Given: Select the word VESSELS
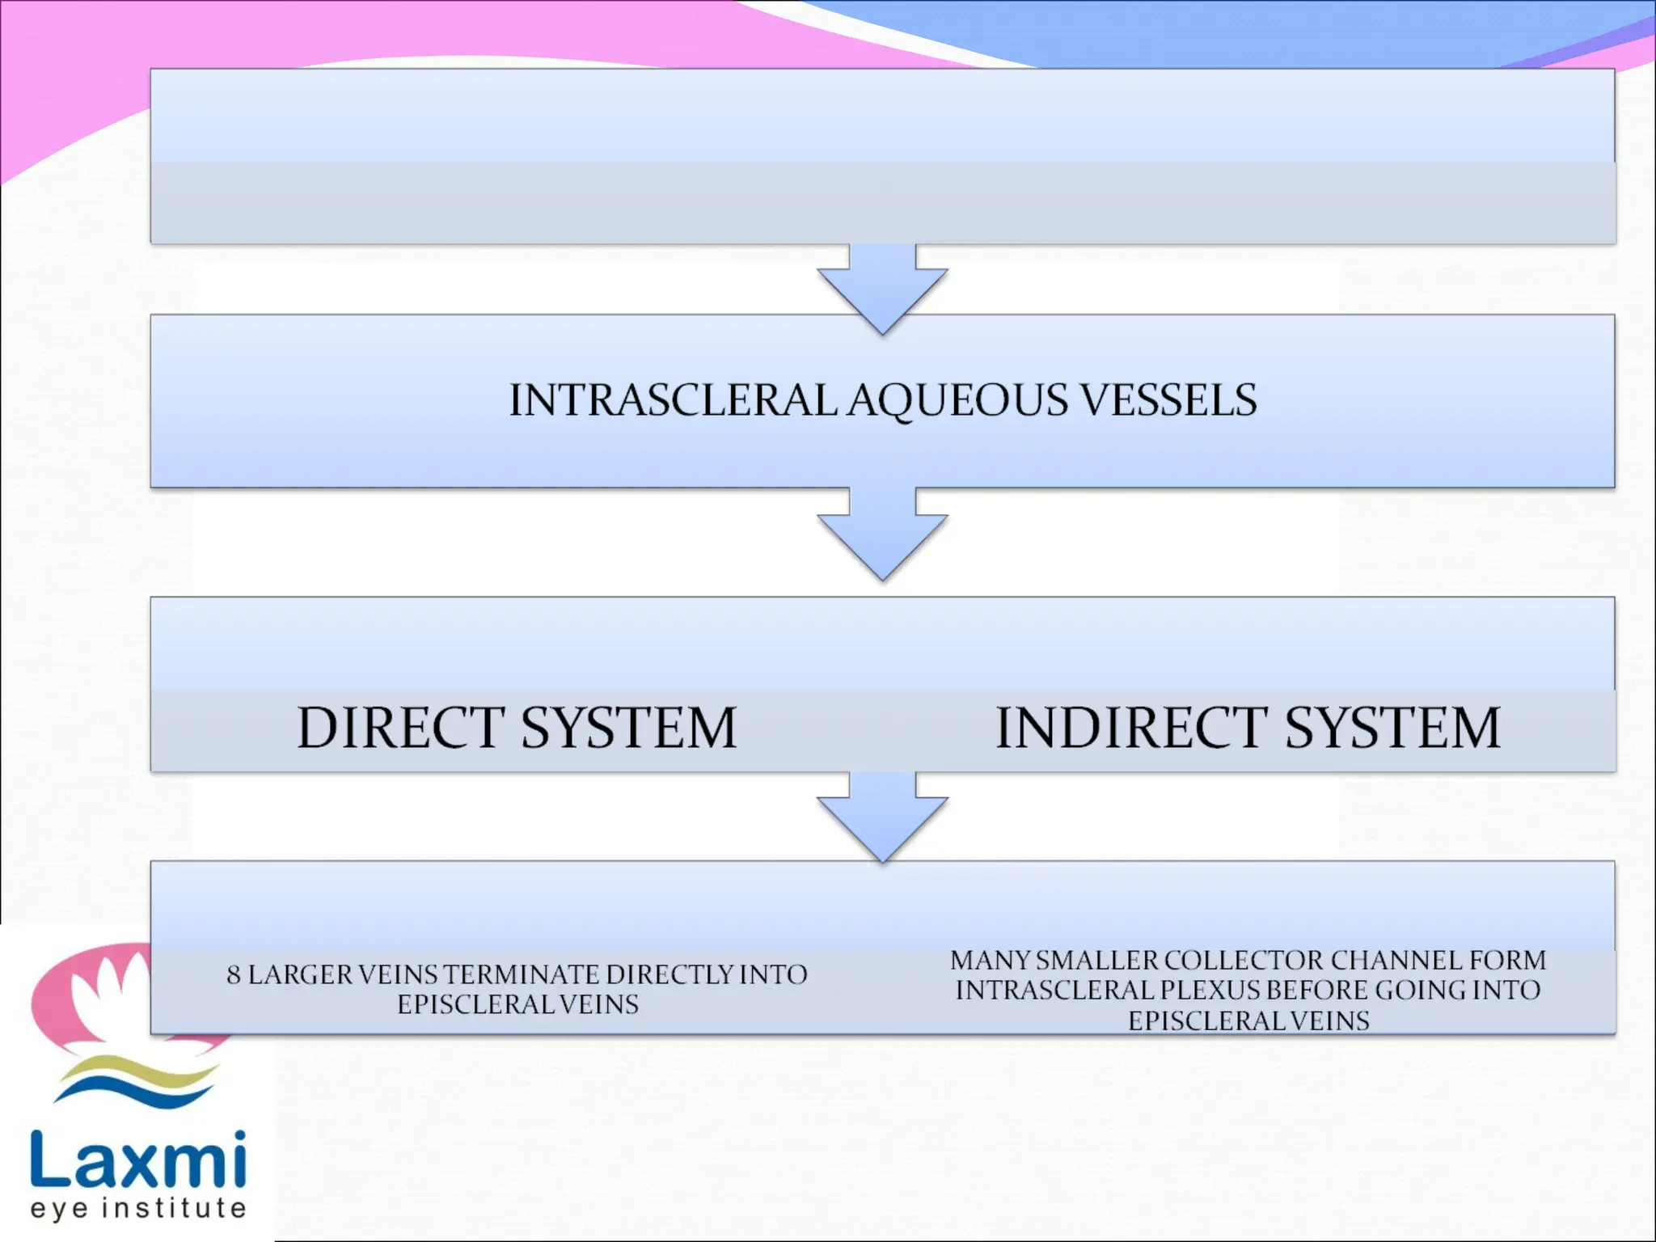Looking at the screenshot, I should coord(1168,400).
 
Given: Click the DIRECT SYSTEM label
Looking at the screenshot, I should coord(517,728).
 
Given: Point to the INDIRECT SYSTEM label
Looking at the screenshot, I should coord(1248,728).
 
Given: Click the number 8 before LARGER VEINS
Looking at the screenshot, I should coord(234,975).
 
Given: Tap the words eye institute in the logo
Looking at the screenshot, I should coord(137,1208).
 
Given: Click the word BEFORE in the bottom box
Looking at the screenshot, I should coord(1318,991).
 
